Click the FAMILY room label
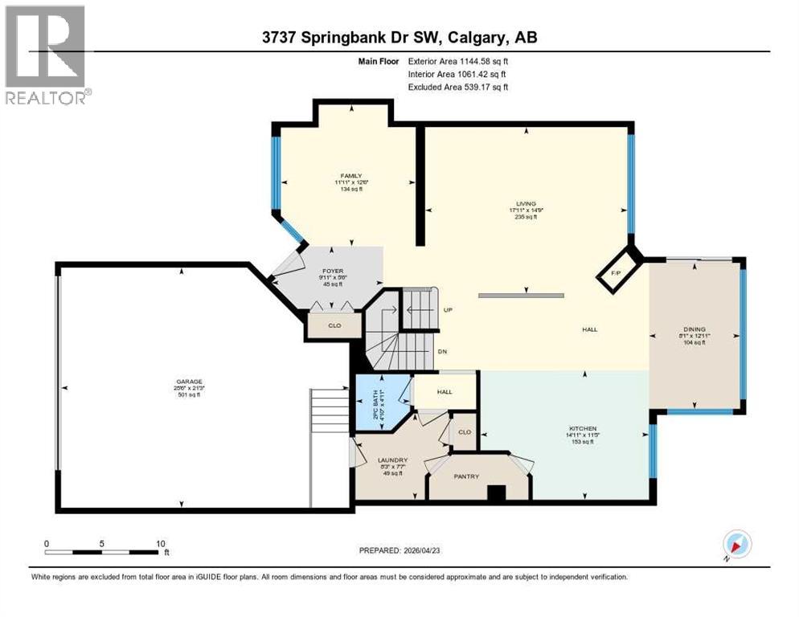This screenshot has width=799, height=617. point(350,176)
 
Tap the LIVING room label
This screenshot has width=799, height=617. point(526,204)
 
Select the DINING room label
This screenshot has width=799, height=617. point(694,329)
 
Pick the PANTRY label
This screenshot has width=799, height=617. point(466,476)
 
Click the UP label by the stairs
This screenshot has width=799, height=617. point(449,309)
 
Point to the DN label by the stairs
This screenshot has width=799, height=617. point(442,351)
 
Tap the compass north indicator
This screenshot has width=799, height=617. point(736,545)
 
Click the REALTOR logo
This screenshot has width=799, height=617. point(46,55)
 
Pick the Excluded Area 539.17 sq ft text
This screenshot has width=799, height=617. point(458,88)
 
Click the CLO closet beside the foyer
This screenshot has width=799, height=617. point(334,326)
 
